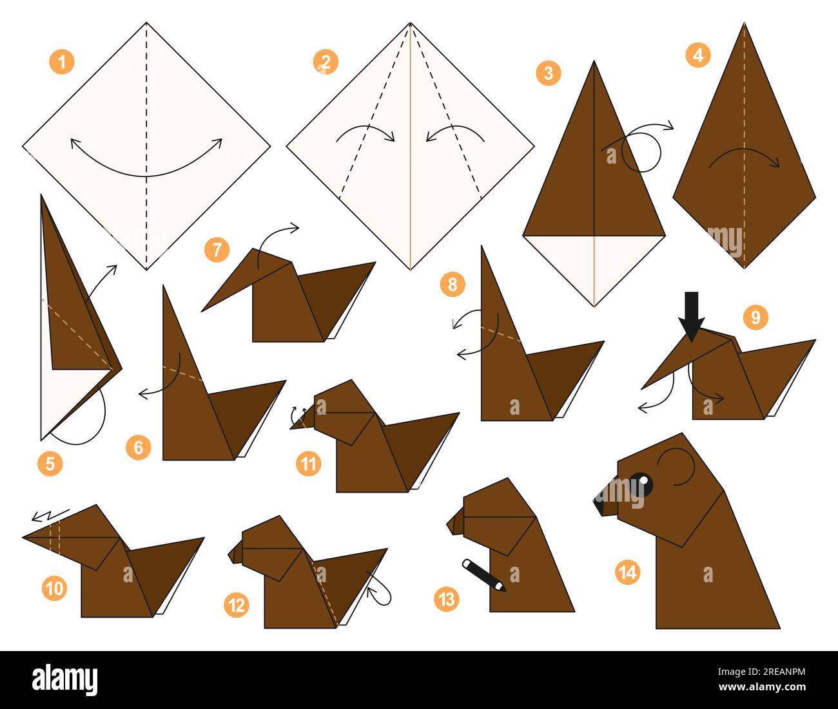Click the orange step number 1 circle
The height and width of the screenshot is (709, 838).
62,62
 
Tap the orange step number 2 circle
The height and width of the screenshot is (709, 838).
326,62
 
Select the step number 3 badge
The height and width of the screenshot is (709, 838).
549,73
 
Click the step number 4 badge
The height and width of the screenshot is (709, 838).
697,55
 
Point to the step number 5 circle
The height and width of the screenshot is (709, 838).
50,463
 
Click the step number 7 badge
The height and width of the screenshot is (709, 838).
217,249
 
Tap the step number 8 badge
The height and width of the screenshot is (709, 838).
453,284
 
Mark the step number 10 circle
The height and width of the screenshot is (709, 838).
55,588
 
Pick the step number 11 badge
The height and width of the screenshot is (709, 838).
309,464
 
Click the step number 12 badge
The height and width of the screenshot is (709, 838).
237,605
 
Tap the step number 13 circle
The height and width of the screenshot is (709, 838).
447,600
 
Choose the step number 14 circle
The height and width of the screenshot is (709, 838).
627,572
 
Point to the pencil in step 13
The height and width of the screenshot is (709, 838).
483,575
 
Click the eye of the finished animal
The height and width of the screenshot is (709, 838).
640,484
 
